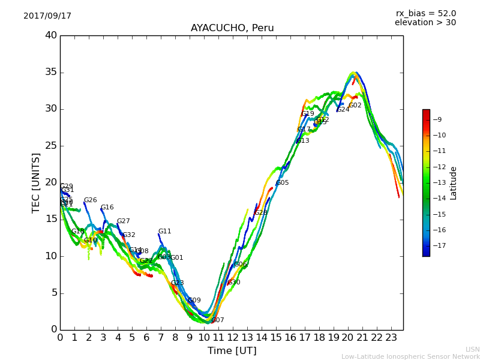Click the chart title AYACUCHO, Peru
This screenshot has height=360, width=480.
pos(232,28)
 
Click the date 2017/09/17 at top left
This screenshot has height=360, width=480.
pos(47,16)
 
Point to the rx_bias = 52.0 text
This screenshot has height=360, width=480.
pos(425,14)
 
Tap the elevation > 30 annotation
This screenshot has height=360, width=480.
pos(425,23)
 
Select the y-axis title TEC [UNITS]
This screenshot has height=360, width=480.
pos(36,182)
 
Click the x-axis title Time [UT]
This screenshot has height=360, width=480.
pos(232,351)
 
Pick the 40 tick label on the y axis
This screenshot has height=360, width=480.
pos(51,35)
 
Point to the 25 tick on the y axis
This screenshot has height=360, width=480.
pos(51,146)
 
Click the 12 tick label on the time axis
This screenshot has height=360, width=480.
pos(233,337)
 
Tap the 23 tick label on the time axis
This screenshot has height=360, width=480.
pos(391,337)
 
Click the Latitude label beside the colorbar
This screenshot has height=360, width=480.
pos(454,183)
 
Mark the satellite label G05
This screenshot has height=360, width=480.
pos(283,183)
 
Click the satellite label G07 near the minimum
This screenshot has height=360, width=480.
pos(218,320)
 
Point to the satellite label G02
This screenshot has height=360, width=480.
pos(355,106)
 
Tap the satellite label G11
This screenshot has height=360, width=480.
pos(165,232)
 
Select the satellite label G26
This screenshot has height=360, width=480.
pos(91,200)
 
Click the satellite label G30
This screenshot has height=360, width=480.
pos(234,283)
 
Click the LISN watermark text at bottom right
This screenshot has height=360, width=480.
pos(472,349)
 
